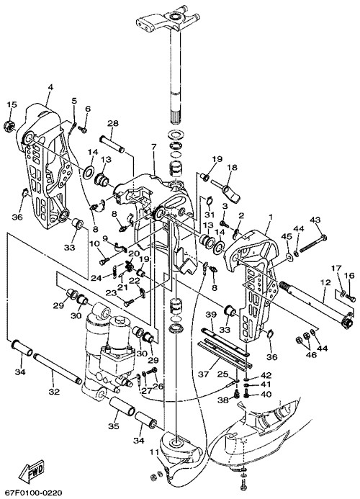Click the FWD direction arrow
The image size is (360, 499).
(x=32, y=469)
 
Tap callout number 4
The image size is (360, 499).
(x=50, y=87)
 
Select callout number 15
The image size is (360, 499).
(x=12, y=104)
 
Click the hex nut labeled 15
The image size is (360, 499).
(x=10, y=126)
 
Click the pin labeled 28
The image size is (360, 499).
(x=112, y=145)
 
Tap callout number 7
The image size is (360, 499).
(x=154, y=147)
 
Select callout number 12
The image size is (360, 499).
(x=326, y=282)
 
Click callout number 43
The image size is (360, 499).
(x=315, y=220)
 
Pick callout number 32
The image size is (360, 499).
(x=54, y=392)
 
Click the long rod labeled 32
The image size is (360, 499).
(x=58, y=369)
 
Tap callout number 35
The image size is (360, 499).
(x=113, y=426)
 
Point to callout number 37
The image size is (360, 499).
(x=204, y=374)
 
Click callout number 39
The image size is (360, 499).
(x=211, y=315)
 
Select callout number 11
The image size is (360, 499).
(x=154, y=451)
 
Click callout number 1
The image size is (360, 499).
(x=271, y=217)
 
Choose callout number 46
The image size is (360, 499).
(x=311, y=354)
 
